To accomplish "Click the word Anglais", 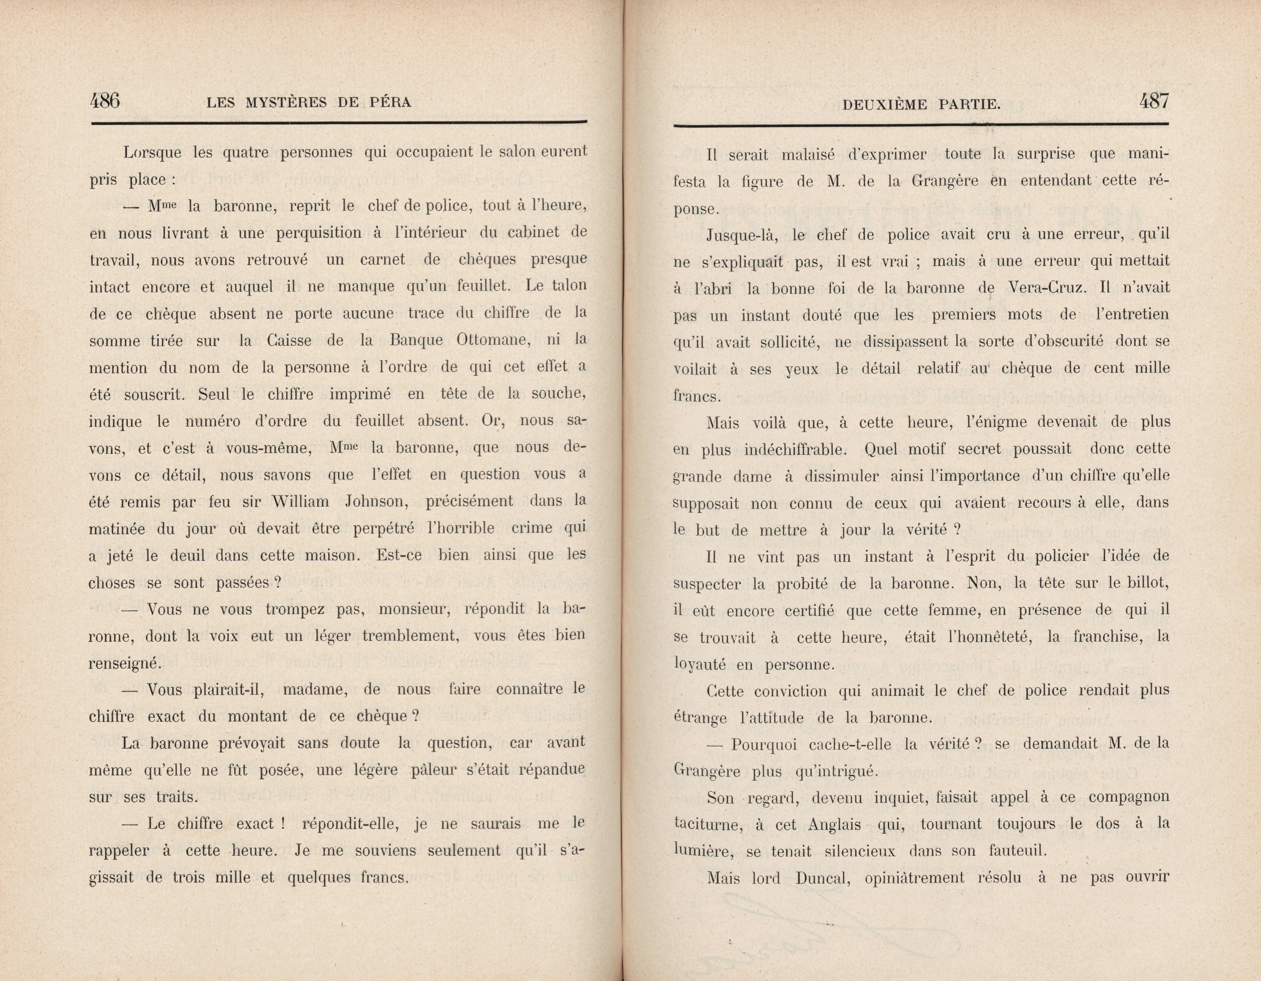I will [834, 824].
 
